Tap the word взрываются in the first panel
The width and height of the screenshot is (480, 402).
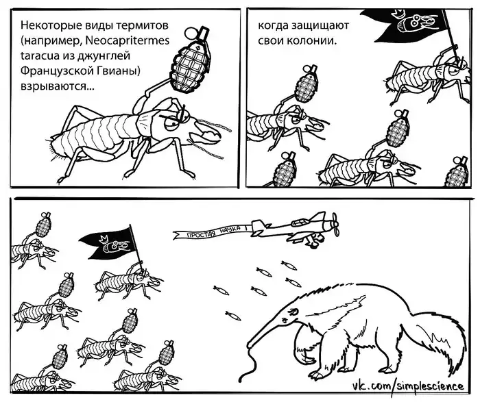coord(58,86)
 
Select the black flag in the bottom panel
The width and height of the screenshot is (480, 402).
coord(108,242)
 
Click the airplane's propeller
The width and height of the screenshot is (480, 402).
coord(335,225)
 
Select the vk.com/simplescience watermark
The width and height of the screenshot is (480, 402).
coord(408,386)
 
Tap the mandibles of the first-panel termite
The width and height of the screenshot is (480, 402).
coord(208,134)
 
